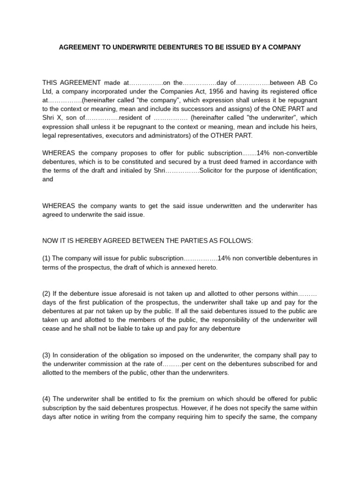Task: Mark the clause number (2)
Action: [x=46, y=293]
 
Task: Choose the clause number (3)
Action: [x=46, y=355]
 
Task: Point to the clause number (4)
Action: [x=46, y=399]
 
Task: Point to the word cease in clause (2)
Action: [x=51, y=329]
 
